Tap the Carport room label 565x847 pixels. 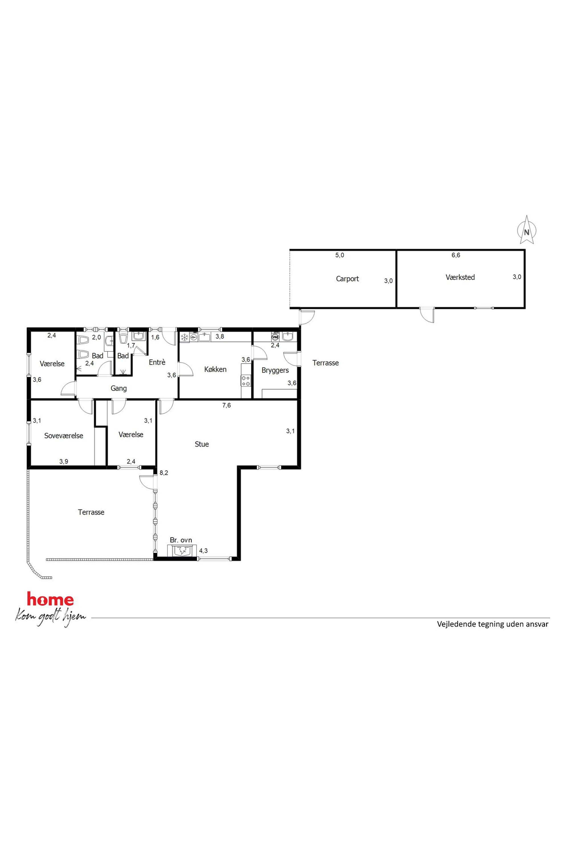click(x=347, y=279)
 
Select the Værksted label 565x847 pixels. click(x=460, y=277)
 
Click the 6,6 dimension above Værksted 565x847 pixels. click(x=456, y=255)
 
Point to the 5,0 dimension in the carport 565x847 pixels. click(x=340, y=255)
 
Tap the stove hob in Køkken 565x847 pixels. click(x=246, y=381)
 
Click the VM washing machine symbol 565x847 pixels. click(x=276, y=337)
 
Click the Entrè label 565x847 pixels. click(x=157, y=362)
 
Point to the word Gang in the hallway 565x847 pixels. click(x=118, y=388)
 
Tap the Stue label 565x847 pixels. click(x=202, y=444)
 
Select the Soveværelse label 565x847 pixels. click(x=64, y=436)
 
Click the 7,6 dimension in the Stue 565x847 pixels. click(x=226, y=405)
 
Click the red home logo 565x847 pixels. click(x=50, y=599)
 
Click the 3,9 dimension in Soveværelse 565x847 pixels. click(x=64, y=461)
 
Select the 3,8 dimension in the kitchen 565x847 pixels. click(x=220, y=337)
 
